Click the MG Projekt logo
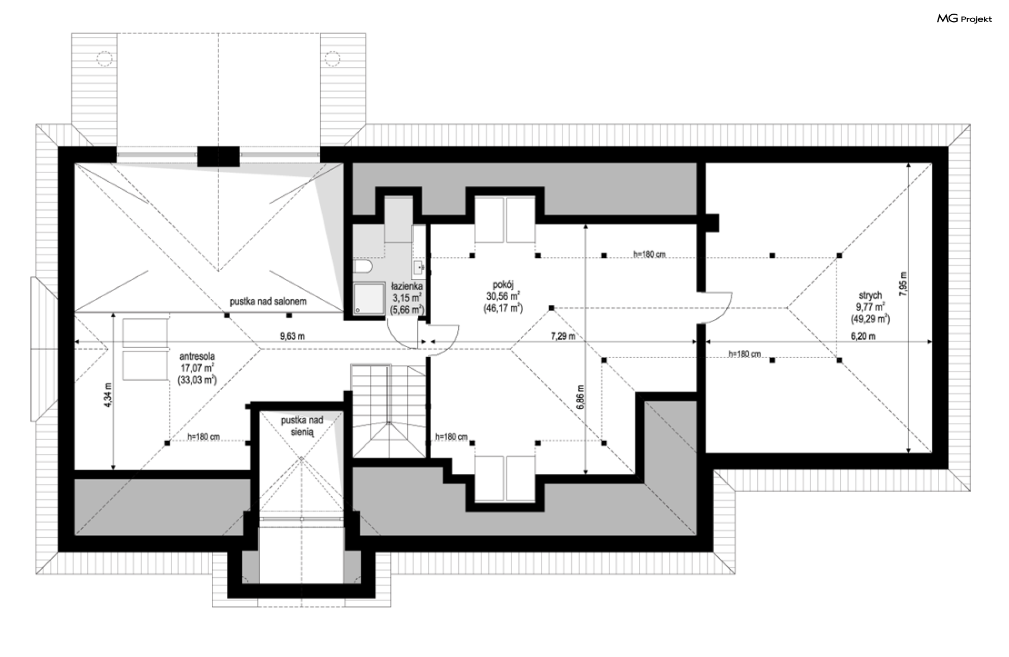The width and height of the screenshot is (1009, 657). pyautogui.click(x=964, y=19)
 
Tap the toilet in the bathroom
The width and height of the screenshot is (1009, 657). pyautogui.click(x=362, y=267)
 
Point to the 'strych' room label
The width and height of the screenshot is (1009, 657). pyautogui.click(x=870, y=296)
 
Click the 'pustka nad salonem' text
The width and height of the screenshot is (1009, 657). pyautogui.click(x=268, y=302)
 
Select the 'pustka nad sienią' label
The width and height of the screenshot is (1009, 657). pyautogui.click(x=302, y=426)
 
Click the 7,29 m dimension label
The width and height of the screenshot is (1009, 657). pyautogui.click(x=563, y=336)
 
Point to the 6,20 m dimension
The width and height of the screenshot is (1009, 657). pyautogui.click(x=863, y=336)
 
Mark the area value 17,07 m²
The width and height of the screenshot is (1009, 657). pyautogui.click(x=197, y=368)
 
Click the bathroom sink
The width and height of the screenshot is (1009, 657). pyautogui.click(x=418, y=267)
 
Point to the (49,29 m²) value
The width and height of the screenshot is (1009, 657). pyautogui.click(x=870, y=318)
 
